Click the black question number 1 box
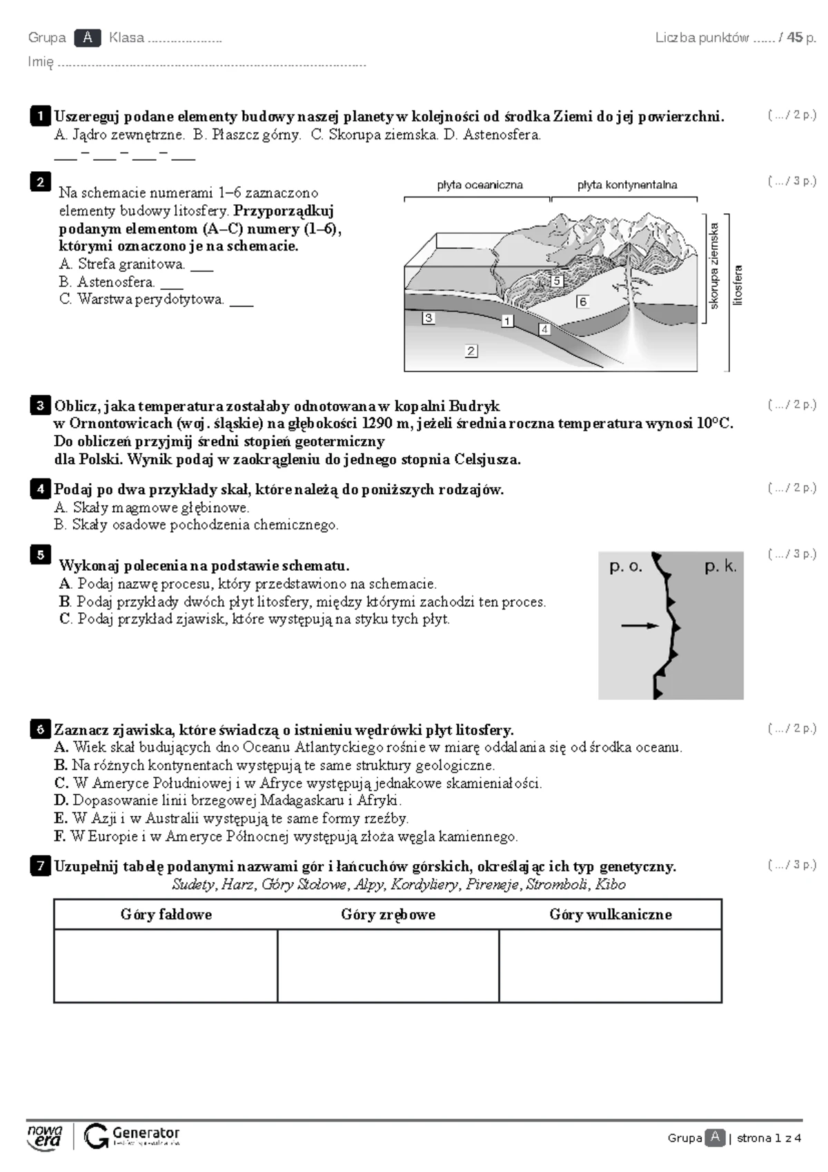coord(40,116)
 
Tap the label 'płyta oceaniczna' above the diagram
coord(480,185)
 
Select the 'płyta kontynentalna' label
coord(627,185)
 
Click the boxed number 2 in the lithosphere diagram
coord(471,351)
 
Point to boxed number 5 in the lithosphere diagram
coord(557,281)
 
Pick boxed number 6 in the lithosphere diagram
coord(582,302)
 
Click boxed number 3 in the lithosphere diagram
coord(428,318)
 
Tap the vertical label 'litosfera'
coord(738,285)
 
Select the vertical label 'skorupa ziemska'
coord(715,265)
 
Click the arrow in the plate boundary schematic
coord(640,625)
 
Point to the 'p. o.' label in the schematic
coord(625,567)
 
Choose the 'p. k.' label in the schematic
coord(720,567)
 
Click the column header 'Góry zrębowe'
coord(388,915)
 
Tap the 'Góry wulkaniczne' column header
coord(610,915)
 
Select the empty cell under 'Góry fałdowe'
coord(166,965)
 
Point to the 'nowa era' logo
coord(44,1136)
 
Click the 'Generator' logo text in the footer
coord(146,1133)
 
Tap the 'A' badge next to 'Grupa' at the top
coord(88,38)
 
